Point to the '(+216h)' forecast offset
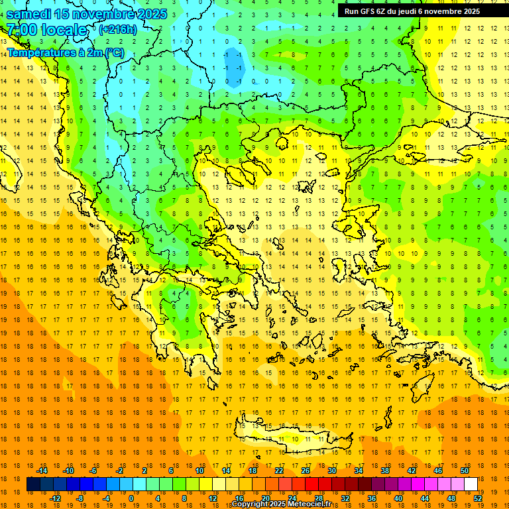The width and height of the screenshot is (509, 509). click(117, 30)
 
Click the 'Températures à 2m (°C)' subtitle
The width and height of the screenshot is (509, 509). click(65, 52)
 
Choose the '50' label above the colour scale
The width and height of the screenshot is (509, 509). click(464, 471)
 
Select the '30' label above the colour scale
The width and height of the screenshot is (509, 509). click(331, 471)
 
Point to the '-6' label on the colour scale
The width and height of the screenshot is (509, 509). click(94, 471)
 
